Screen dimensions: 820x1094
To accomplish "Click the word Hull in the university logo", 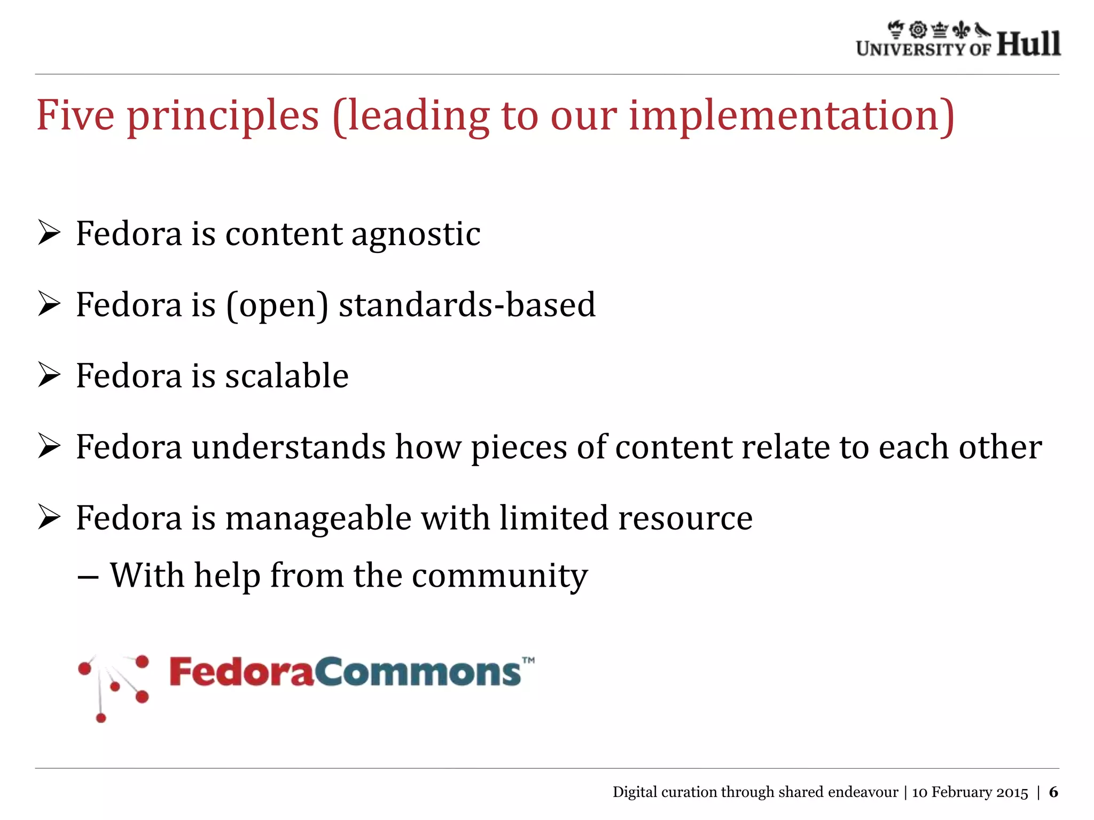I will [1028, 43].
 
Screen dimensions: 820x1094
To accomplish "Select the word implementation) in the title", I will [791, 116].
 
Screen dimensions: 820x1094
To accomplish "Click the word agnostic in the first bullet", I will [416, 235].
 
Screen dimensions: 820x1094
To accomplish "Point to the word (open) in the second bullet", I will [277, 306].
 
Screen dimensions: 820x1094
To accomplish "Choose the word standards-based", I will [467, 305].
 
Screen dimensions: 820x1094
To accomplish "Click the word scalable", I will [287, 375].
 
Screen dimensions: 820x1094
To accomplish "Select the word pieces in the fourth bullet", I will [518, 447].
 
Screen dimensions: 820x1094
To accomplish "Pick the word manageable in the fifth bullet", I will [318, 518].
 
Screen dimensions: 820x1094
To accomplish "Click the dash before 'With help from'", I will [87, 578].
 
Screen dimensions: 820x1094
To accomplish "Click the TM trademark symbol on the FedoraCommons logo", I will [528, 660].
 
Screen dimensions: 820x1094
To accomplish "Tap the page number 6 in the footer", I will [1053, 792].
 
